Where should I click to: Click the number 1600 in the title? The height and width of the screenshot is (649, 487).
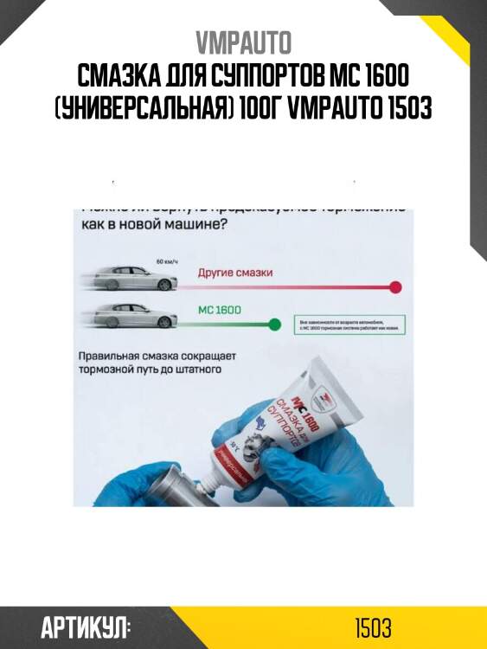coord(381,76)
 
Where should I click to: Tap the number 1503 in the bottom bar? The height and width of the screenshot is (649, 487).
coord(374,627)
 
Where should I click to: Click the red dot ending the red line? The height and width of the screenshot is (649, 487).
coord(396,286)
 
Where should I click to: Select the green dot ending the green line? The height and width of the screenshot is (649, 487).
coord(275,324)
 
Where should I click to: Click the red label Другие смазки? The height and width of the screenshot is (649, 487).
coord(235,273)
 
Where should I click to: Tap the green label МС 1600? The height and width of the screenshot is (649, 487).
coord(220,310)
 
